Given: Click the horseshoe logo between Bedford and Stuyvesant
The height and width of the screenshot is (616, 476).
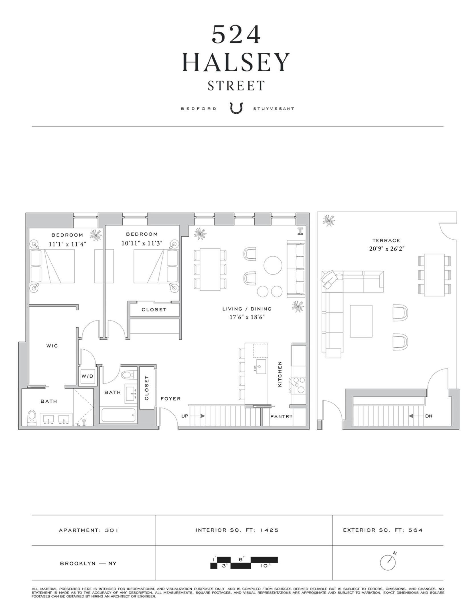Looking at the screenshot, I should pyautogui.click(x=236, y=108).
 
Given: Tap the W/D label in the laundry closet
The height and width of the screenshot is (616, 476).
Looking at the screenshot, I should pyautogui.click(x=88, y=376).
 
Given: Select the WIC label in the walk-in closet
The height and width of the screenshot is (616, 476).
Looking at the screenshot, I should pyautogui.click(x=52, y=346).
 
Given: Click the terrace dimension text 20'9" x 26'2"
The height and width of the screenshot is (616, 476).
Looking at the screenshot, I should pyautogui.click(x=387, y=249).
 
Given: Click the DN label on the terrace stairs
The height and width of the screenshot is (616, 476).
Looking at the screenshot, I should pyautogui.click(x=428, y=416).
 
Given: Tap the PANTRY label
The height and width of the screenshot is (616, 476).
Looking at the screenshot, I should pyautogui.click(x=281, y=416).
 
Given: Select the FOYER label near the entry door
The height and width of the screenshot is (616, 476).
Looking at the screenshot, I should pyautogui.click(x=171, y=399).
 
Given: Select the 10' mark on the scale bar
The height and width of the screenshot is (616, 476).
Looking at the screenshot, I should pyautogui.click(x=265, y=566).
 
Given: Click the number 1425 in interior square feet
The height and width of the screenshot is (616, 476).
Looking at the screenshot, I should pyautogui.click(x=269, y=530).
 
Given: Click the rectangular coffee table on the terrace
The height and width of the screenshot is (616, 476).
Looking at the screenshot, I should pyautogui.click(x=361, y=321).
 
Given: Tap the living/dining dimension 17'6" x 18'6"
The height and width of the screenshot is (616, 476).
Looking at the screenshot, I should pyautogui.click(x=247, y=317).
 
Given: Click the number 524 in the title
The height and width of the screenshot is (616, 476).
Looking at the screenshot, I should pyautogui.click(x=236, y=34).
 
